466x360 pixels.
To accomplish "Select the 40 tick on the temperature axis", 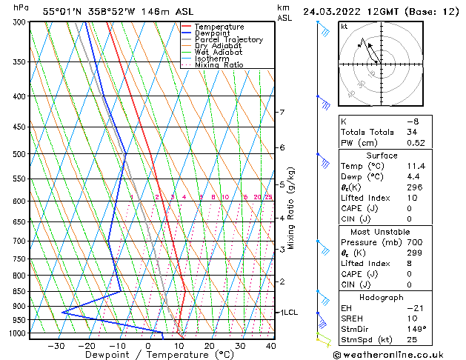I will (x=270, y=345).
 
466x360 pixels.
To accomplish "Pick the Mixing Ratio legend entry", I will (x=219, y=65).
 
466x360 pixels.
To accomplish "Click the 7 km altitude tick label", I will (x=282, y=113).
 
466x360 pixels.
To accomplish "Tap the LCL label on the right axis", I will (x=290, y=313).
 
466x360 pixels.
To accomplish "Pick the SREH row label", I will (x=353, y=318).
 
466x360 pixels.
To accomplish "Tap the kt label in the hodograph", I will (x=344, y=27).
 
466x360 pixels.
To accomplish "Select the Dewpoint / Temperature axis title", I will (x=148, y=355).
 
